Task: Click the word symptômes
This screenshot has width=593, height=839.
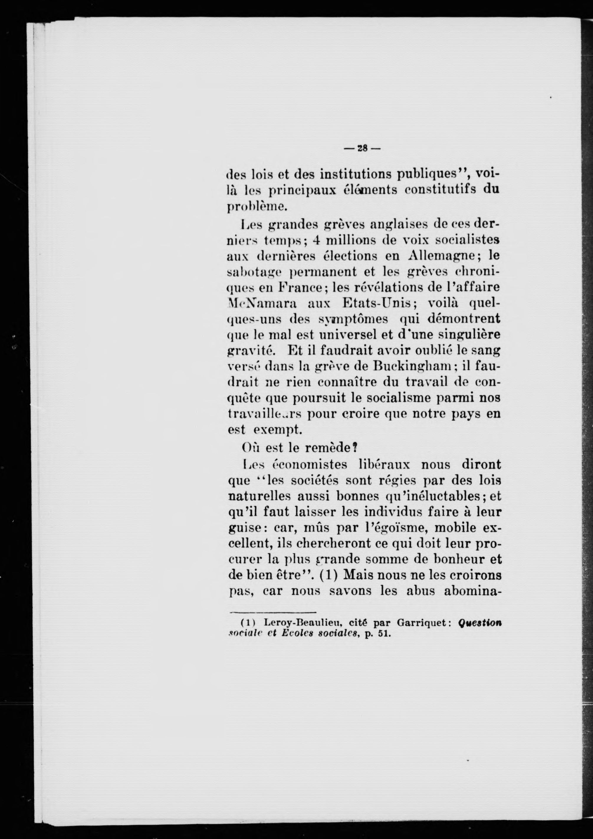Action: pos(353,319)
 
